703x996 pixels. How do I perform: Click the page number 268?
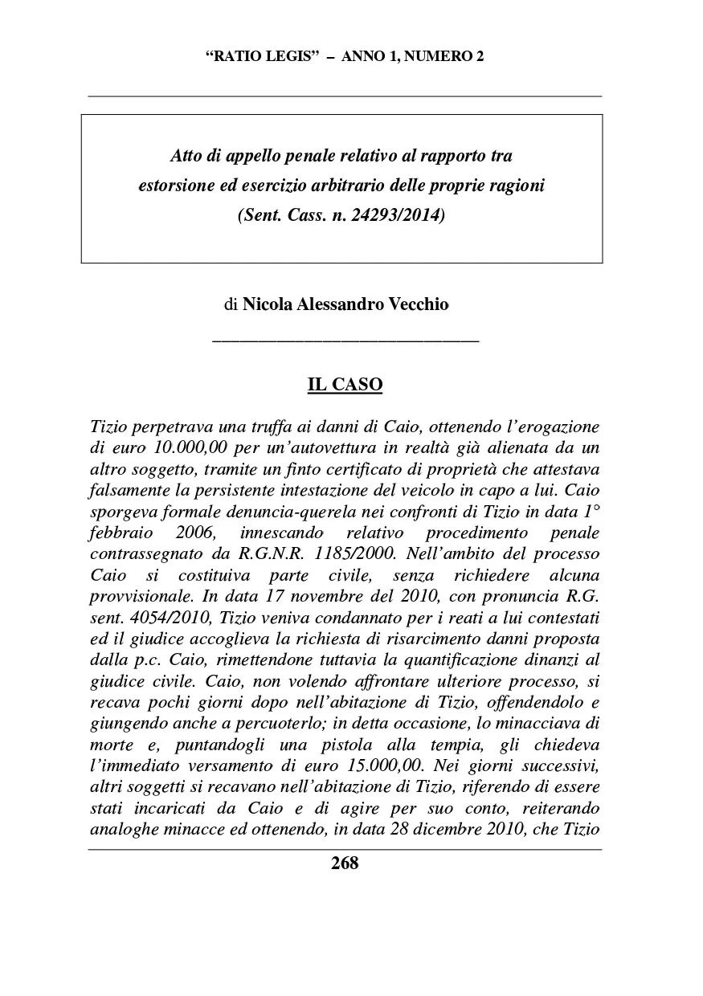[x=345, y=863]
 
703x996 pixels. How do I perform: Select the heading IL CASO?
[x=345, y=386]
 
